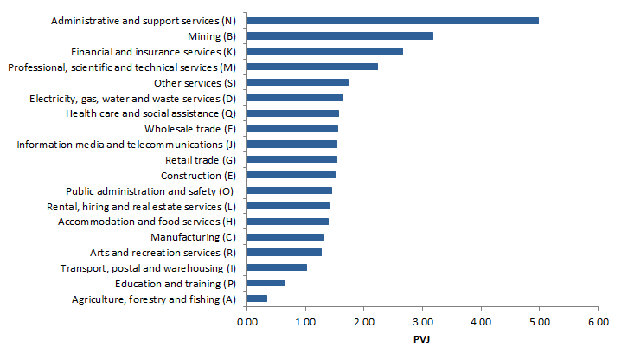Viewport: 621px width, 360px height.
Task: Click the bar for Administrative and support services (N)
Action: pos(393,20)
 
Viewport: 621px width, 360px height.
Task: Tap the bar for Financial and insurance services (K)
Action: pos(324,51)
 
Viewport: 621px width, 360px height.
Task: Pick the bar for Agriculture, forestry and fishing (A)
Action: pos(257,299)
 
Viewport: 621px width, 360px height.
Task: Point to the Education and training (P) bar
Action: pos(266,283)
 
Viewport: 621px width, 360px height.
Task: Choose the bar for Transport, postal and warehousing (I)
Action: pos(277,267)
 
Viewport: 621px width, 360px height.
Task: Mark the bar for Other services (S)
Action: pos(298,82)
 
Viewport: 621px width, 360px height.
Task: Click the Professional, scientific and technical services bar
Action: pos(312,67)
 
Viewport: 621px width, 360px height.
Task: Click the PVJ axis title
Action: pos(422,338)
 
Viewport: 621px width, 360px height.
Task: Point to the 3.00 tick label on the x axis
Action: pos(422,321)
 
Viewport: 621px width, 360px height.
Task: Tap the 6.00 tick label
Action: pos(598,321)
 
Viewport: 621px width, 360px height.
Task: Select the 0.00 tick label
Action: pos(246,321)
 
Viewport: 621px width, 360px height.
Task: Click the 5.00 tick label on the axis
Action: pos(539,321)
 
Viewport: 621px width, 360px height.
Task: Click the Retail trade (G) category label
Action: pos(200,160)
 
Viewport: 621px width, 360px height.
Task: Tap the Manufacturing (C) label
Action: pos(193,237)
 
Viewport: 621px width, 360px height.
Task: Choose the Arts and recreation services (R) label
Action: pos(163,253)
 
